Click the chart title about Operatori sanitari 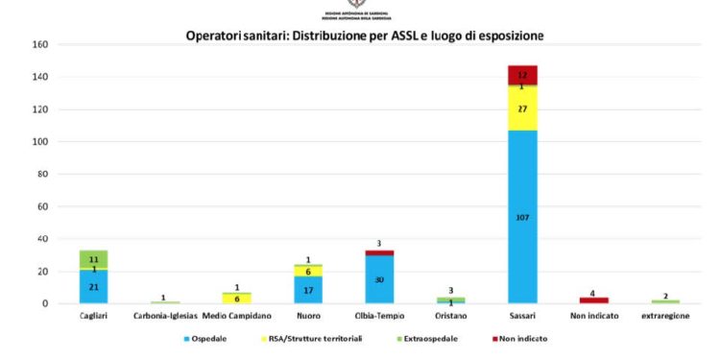click(x=365, y=36)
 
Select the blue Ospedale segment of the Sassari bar click(x=522, y=240)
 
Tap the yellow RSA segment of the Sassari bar click(x=522, y=108)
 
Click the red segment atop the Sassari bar click(x=522, y=74)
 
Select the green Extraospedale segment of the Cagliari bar click(x=93, y=258)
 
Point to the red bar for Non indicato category click(x=594, y=300)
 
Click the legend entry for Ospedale click(x=209, y=338)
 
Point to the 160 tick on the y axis click(x=39, y=45)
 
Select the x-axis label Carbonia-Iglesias click(x=164, y=315)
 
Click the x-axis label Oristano click(x=450, y=315)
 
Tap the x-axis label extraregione click(x=665, y=315)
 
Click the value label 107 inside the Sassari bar click(x=522, y=217)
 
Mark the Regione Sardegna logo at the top click(x=360, y=8)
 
